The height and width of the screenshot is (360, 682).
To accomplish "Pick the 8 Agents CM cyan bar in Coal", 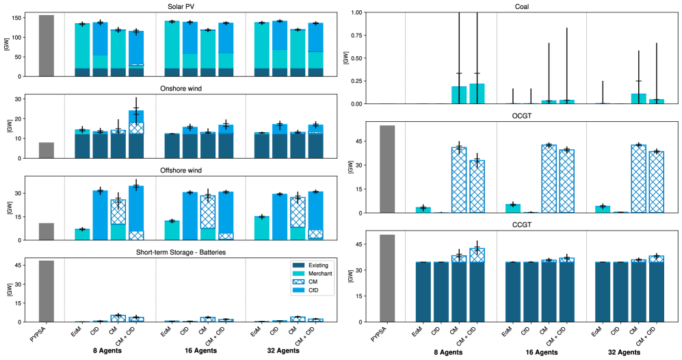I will (460, 95).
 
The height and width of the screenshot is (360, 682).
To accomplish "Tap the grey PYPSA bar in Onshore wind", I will (47, 151).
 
